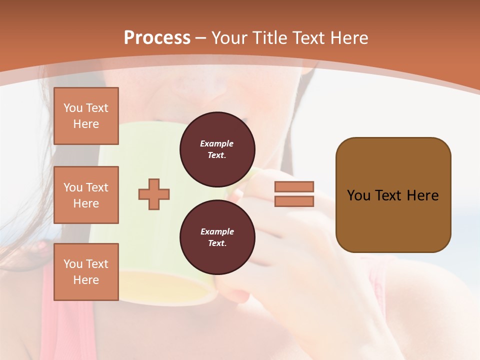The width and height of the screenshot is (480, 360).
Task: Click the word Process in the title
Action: click(157, 38)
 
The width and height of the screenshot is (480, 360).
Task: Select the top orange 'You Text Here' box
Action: click(86, 116)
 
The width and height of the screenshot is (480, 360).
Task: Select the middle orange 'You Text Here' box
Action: click(86, 195)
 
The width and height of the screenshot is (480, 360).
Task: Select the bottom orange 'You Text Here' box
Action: click(86, 271)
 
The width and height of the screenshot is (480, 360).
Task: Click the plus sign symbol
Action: click(154, 194)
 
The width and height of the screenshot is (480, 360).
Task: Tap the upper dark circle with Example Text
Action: click(217, 149)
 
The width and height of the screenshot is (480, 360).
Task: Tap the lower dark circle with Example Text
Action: click(217, 237)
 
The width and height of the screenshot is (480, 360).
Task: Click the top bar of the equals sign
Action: click(294, 186)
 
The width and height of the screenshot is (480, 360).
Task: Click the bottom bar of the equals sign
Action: click(294, 201)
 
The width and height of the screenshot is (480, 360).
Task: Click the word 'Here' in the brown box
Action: click(422, 195)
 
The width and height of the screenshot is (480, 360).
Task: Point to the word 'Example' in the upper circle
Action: click(217, 144)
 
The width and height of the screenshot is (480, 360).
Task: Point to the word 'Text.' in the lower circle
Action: click(217, 243)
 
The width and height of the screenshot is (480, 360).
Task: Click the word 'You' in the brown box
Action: click(359, 195)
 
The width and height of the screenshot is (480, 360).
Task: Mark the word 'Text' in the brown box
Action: click(389, 195)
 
